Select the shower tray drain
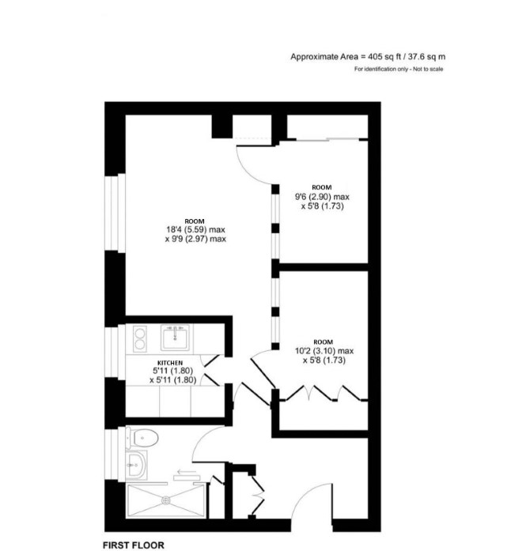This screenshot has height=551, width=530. tap(165, 500)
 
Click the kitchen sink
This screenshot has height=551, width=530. tap(175, 338)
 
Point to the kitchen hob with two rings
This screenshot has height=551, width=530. tap(140, 339)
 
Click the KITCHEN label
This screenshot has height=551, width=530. tap(170, 363)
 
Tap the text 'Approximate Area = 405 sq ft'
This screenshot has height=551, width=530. tap(346, 57)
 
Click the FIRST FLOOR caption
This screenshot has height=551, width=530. tap(134, 545)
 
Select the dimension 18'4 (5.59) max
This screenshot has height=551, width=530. tap(195, 230)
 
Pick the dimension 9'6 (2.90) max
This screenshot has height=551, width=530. tap(322, 197)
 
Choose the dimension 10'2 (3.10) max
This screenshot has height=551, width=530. tap(324, 351)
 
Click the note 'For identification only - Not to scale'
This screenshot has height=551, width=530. tap(399, 70)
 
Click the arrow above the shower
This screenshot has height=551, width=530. tap(187, 471)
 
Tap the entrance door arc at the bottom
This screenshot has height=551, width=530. tap(305, 491)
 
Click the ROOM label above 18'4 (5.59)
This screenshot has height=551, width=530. tap(195, 221)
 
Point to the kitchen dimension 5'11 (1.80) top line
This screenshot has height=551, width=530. tap(172, 371)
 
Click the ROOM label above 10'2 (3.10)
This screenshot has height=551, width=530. tap(324, 342)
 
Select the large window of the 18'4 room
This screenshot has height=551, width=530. tap(115, 213)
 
